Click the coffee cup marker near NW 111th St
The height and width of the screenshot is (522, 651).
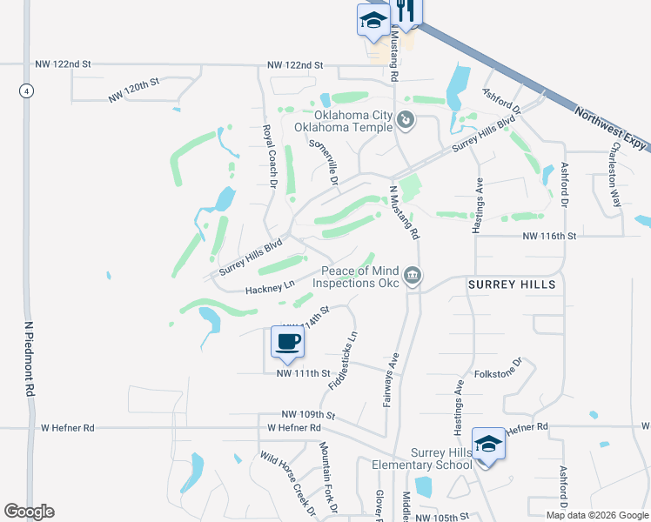288,340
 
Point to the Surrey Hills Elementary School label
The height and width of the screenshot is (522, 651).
421,458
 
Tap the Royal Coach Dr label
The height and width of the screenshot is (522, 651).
269,157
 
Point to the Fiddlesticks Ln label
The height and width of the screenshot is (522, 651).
343,359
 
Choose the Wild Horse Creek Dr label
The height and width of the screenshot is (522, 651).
287,484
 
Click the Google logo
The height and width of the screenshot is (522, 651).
29,512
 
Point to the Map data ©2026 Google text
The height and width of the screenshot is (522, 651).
598,515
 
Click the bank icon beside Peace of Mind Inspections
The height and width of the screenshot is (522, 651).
413,277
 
